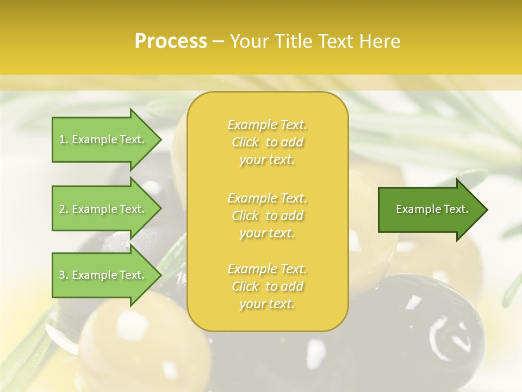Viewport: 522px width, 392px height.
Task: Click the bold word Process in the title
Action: (x=171, y=41)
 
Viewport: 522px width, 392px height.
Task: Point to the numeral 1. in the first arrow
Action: (x=64, y=139)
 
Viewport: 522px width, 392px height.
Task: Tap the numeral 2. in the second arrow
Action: (x=64, y=209)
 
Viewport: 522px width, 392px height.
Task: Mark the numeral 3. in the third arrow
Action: (x=64, y=275)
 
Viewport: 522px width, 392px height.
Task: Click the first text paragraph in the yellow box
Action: (x=267, y=142)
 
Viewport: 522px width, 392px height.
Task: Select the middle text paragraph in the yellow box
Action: (x=267, y=216)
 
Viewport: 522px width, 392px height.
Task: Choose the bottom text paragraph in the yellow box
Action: (x=267, y=286)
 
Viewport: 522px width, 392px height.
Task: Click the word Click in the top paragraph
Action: (x=245, y=143)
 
